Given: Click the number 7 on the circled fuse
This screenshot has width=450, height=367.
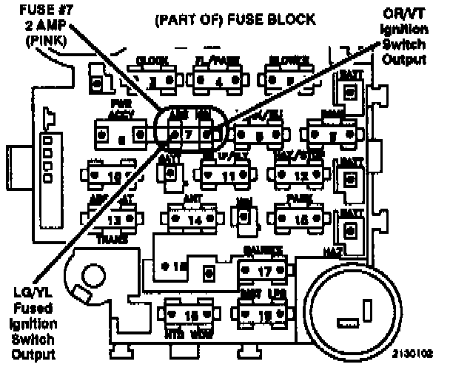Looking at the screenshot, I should (189, 135).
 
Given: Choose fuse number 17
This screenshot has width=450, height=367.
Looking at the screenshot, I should (263, 272).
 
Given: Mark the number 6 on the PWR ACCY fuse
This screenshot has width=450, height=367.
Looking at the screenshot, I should (121, 137).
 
